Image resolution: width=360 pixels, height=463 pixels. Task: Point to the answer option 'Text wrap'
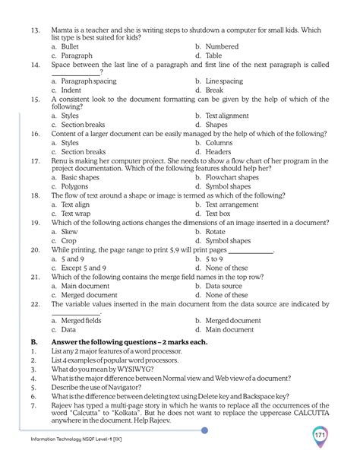[x=76, y=214]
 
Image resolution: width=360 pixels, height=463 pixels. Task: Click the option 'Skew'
[x=69, y=231]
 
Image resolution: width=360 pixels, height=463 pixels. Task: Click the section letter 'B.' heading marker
[x=34, y=343]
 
